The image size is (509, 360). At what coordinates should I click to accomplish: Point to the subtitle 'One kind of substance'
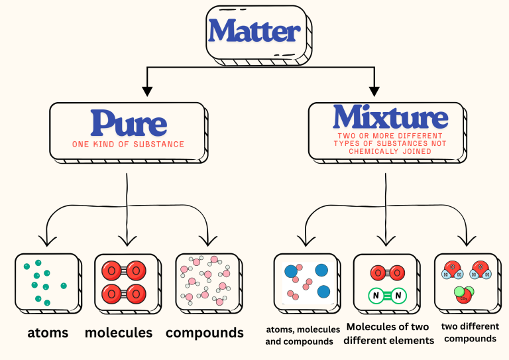pyautogui.click(x=128, y=144)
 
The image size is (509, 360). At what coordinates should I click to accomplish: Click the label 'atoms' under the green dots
pyautogui.click(x=48, y=332)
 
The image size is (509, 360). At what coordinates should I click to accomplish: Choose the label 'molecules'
pyautogui.click(x=119, y=332)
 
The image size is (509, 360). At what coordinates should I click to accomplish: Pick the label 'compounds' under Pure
pyautogui.click(x=205, y=332)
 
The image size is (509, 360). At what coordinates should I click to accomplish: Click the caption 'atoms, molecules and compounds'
pyautogui.click(x=302, y=335)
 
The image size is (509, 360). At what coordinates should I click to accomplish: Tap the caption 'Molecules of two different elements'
pyautogui.click(x=388, y=333)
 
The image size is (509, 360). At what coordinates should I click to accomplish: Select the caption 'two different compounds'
pyautogui.click(x=470, y=332)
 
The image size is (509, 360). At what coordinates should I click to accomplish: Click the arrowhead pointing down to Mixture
pyautogui.click(x=374, y=89)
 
